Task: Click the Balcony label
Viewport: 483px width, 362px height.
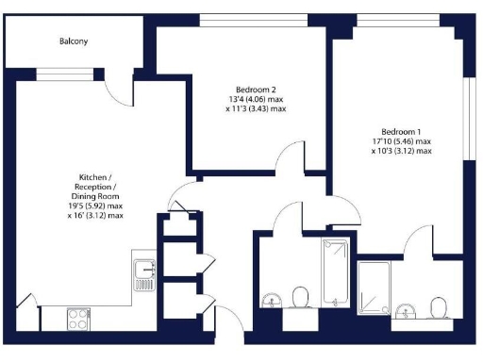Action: (x=73, y=41)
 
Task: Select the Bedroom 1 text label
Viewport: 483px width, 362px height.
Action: (x=401, y=131)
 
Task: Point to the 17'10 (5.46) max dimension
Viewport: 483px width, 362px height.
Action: (x=401, y=140)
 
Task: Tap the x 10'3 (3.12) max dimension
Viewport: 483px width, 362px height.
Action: (x=401, y=151)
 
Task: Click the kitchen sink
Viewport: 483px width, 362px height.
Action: (x=144, y=272)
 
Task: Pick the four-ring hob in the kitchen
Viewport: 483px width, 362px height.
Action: (x=78, y=319)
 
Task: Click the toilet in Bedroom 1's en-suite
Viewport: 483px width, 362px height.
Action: (x=438, y=308)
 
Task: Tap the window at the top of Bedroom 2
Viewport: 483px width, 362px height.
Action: (x=242, y=22)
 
